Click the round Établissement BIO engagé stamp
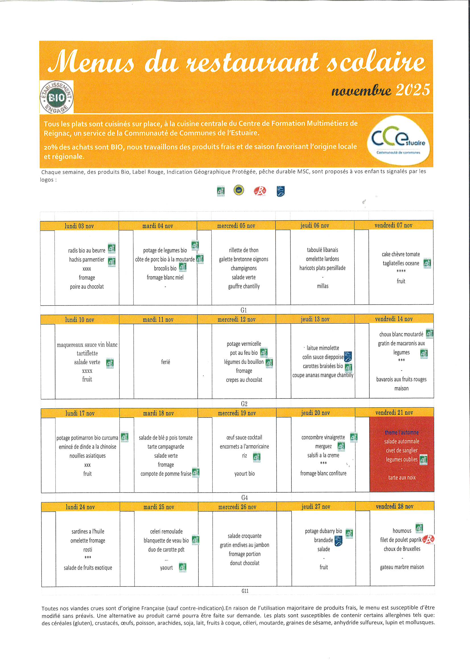pos(57,97)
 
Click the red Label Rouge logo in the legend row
pos(260,191)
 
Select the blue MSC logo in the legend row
pos(280,191)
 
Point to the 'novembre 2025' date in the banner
pos(380,90)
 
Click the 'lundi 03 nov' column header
pos(79,226)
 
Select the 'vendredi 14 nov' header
pos(394,319)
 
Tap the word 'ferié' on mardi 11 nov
pos(165,362)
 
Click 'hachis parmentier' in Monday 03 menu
pos(87,259)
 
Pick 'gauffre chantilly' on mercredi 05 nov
pos(244,286)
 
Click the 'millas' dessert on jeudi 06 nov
pos(323,286)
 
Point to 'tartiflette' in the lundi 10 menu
pos(87,353)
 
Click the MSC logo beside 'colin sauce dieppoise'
pos(348,357)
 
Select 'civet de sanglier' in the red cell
pos(402,450)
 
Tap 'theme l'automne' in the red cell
pos(402,432)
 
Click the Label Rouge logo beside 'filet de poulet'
pos(428,539)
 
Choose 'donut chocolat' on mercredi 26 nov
pos(245,563)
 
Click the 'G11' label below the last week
pos(245,591)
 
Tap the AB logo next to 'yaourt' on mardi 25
pos(183,567)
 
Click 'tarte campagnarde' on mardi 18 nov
pos(166,447)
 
